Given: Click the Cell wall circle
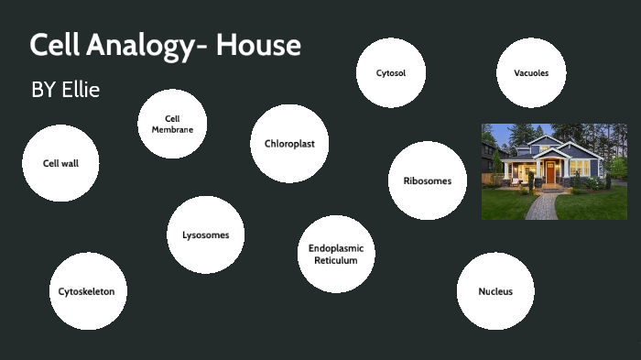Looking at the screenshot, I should (60, 163).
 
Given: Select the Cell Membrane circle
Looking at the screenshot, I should (172, 124).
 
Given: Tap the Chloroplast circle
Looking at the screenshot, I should (289, 144).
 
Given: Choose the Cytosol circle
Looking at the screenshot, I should (391, 72).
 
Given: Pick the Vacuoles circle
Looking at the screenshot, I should (531, 72).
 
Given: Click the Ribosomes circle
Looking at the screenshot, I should (428, 180).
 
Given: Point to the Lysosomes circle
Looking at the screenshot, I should (206, 235).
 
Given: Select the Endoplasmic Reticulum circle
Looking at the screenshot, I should (336, 254).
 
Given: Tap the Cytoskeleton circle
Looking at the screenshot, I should (88, 291).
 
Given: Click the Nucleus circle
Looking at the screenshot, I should (495, 291).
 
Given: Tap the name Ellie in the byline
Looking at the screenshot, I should (81, 90).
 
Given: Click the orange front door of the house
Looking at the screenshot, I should (550, 172).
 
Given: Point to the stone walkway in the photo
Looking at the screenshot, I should (539, 205).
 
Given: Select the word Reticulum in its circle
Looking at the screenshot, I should (336, 261).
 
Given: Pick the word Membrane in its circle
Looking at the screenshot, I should (172, 129).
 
